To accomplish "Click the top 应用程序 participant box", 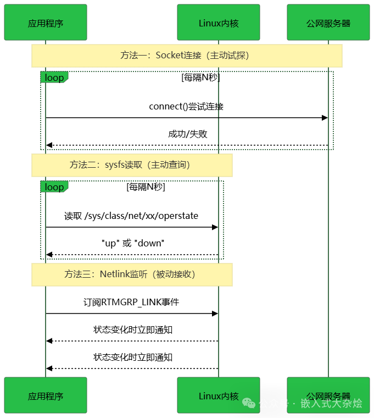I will [x=46, y=23].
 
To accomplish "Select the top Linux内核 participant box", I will [x=218, y=23].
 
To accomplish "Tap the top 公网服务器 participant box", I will [x=328, y=23].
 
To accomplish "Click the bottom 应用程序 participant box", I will [x=46, y=395].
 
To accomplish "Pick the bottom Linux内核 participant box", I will [x=218, y=395].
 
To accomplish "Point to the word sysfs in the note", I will [x=115, y=165].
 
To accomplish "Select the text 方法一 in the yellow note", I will [x=133, y=56].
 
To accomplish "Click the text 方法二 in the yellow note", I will [x=82, y=165].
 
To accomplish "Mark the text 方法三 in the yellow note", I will [x=77, y=274].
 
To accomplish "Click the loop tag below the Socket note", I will [x=54, y=78].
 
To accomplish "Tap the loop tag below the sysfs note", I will [x=54, y=187].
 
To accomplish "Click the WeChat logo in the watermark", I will [x=249, y=404].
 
